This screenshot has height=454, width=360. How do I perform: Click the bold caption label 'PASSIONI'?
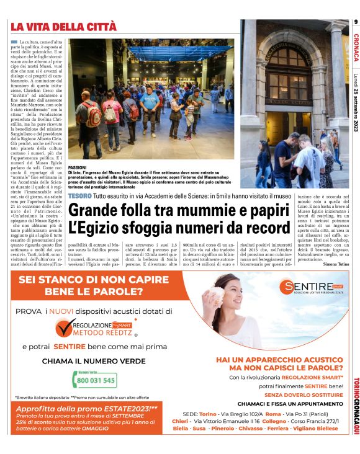[77, 167]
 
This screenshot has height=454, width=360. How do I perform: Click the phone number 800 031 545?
[96, 380]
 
